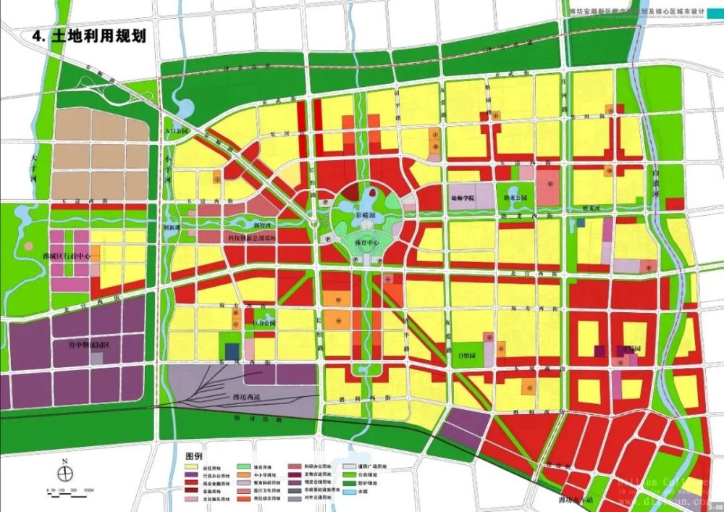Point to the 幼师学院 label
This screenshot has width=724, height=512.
click(462, 198)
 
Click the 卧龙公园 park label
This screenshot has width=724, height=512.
click(513, 198)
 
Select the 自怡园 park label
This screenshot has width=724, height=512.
click(468, 356)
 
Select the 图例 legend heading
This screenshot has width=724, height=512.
click(193, 456)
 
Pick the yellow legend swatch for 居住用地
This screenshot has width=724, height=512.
click(191, 468)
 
